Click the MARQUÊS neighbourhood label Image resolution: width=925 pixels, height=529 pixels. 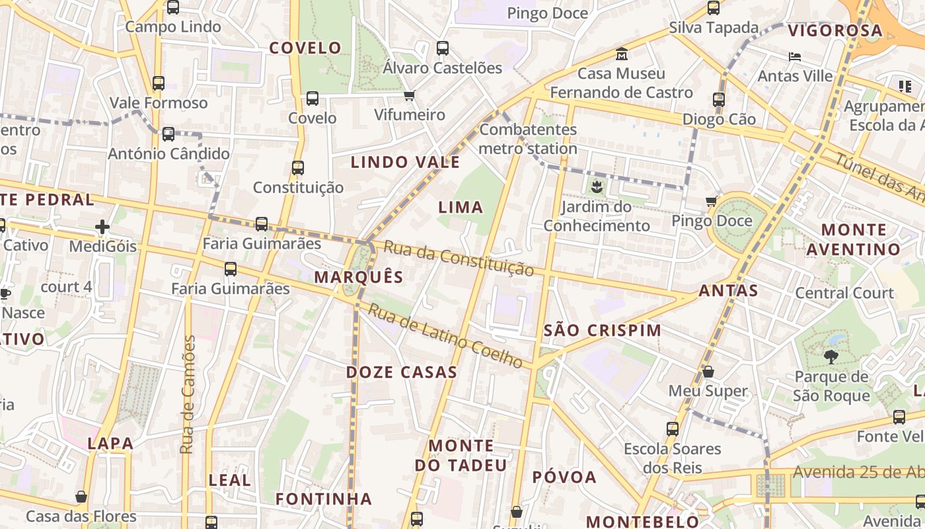pyautogui.click(x=358, y=276)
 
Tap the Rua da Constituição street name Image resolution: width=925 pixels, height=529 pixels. pyautogui.click(x=459, y=259)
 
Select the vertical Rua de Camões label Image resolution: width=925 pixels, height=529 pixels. pyautogui.click(x=188, y=395)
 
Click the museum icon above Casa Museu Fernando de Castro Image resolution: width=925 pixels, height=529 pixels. pyautogui.click(x=621, y=54)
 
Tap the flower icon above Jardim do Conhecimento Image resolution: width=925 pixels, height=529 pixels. pyautogui.click(x=597, y=187)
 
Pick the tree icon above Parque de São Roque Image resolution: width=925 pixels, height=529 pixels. pyautogui.click(x=831, y=358)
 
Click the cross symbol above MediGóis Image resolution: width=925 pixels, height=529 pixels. pyautogui.click(x=102, y=227)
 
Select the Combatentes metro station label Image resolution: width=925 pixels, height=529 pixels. pyautogui.click(x=528, y=139)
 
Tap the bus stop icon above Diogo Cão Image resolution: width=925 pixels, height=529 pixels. pyautogui.click(x=719, y=100)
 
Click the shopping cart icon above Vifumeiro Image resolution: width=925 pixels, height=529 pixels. pyautogui.click(x=410, y=96)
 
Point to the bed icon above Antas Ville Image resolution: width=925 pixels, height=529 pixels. pyautogui.click(x=795, y=57)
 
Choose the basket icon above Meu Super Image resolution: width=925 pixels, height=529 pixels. pyautogui.click(x=708, y=372)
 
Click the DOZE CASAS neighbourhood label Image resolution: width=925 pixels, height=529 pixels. pyautogui.click(x=402, y=372)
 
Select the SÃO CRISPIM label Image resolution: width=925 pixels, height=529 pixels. pyautogui.click(x=602, y=330)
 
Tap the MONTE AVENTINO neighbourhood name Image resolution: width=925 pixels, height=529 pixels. pyautogui.click(x=854, y=239)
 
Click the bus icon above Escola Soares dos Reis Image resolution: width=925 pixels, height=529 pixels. pyautogui.click(x=673, y=429)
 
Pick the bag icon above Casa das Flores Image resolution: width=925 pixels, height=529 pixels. pyautogui.click(x=81, y=497)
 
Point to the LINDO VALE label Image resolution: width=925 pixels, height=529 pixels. pyautogui.click(x=405, y=162)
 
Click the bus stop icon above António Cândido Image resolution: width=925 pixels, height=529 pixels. pyautogui.click(x=168, y=134)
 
